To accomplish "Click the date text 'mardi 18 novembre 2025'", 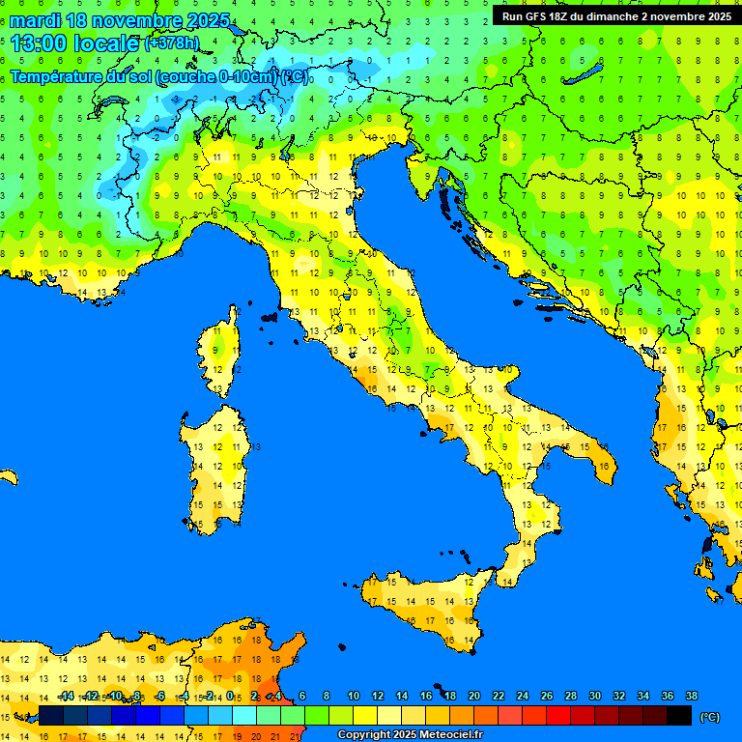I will point(120,20).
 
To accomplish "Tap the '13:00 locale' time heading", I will point(73,43).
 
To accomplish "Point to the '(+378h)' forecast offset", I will point(172,43).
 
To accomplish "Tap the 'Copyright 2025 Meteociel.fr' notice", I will point(410,735).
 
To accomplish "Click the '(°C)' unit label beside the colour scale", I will point(709,717).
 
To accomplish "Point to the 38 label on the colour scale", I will point(691,697).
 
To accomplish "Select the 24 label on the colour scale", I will point(522,697).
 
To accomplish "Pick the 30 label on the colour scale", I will point(594,697).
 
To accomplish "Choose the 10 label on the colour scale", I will point(354,697).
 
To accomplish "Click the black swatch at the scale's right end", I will point(679,716).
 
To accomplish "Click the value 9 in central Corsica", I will point(217,349).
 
